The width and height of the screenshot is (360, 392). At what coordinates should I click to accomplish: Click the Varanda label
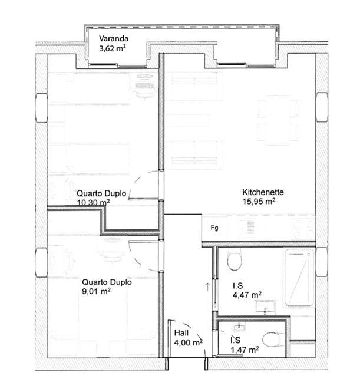pos(114,38)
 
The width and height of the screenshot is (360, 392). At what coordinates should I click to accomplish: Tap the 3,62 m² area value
pos(112,48)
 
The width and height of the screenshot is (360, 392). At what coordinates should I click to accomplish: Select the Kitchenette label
pos(263,192)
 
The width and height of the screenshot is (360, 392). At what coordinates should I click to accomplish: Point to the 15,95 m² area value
pos(259,201)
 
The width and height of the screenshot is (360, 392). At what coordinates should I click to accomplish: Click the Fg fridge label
pos(214,228)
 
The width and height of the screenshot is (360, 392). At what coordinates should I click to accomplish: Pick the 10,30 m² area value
pos(94,202)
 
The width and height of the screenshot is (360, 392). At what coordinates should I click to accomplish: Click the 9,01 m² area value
pos(97,291)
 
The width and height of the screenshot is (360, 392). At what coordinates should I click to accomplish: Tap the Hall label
pos(181,333)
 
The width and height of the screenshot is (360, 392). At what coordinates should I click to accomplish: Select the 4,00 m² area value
pos(188,342)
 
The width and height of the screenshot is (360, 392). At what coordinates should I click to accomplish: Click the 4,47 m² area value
pos(247,295)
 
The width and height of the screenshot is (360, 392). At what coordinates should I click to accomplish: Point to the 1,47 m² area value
pos(245,350)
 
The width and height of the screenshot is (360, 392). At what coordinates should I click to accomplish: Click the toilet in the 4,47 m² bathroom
pos(235,261)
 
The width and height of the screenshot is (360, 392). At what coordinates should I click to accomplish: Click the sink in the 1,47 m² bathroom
pos(239,326)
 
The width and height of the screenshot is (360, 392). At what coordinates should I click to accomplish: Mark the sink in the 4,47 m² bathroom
pos(265,308)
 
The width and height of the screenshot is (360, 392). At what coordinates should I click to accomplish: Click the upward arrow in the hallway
pos(207,286)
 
